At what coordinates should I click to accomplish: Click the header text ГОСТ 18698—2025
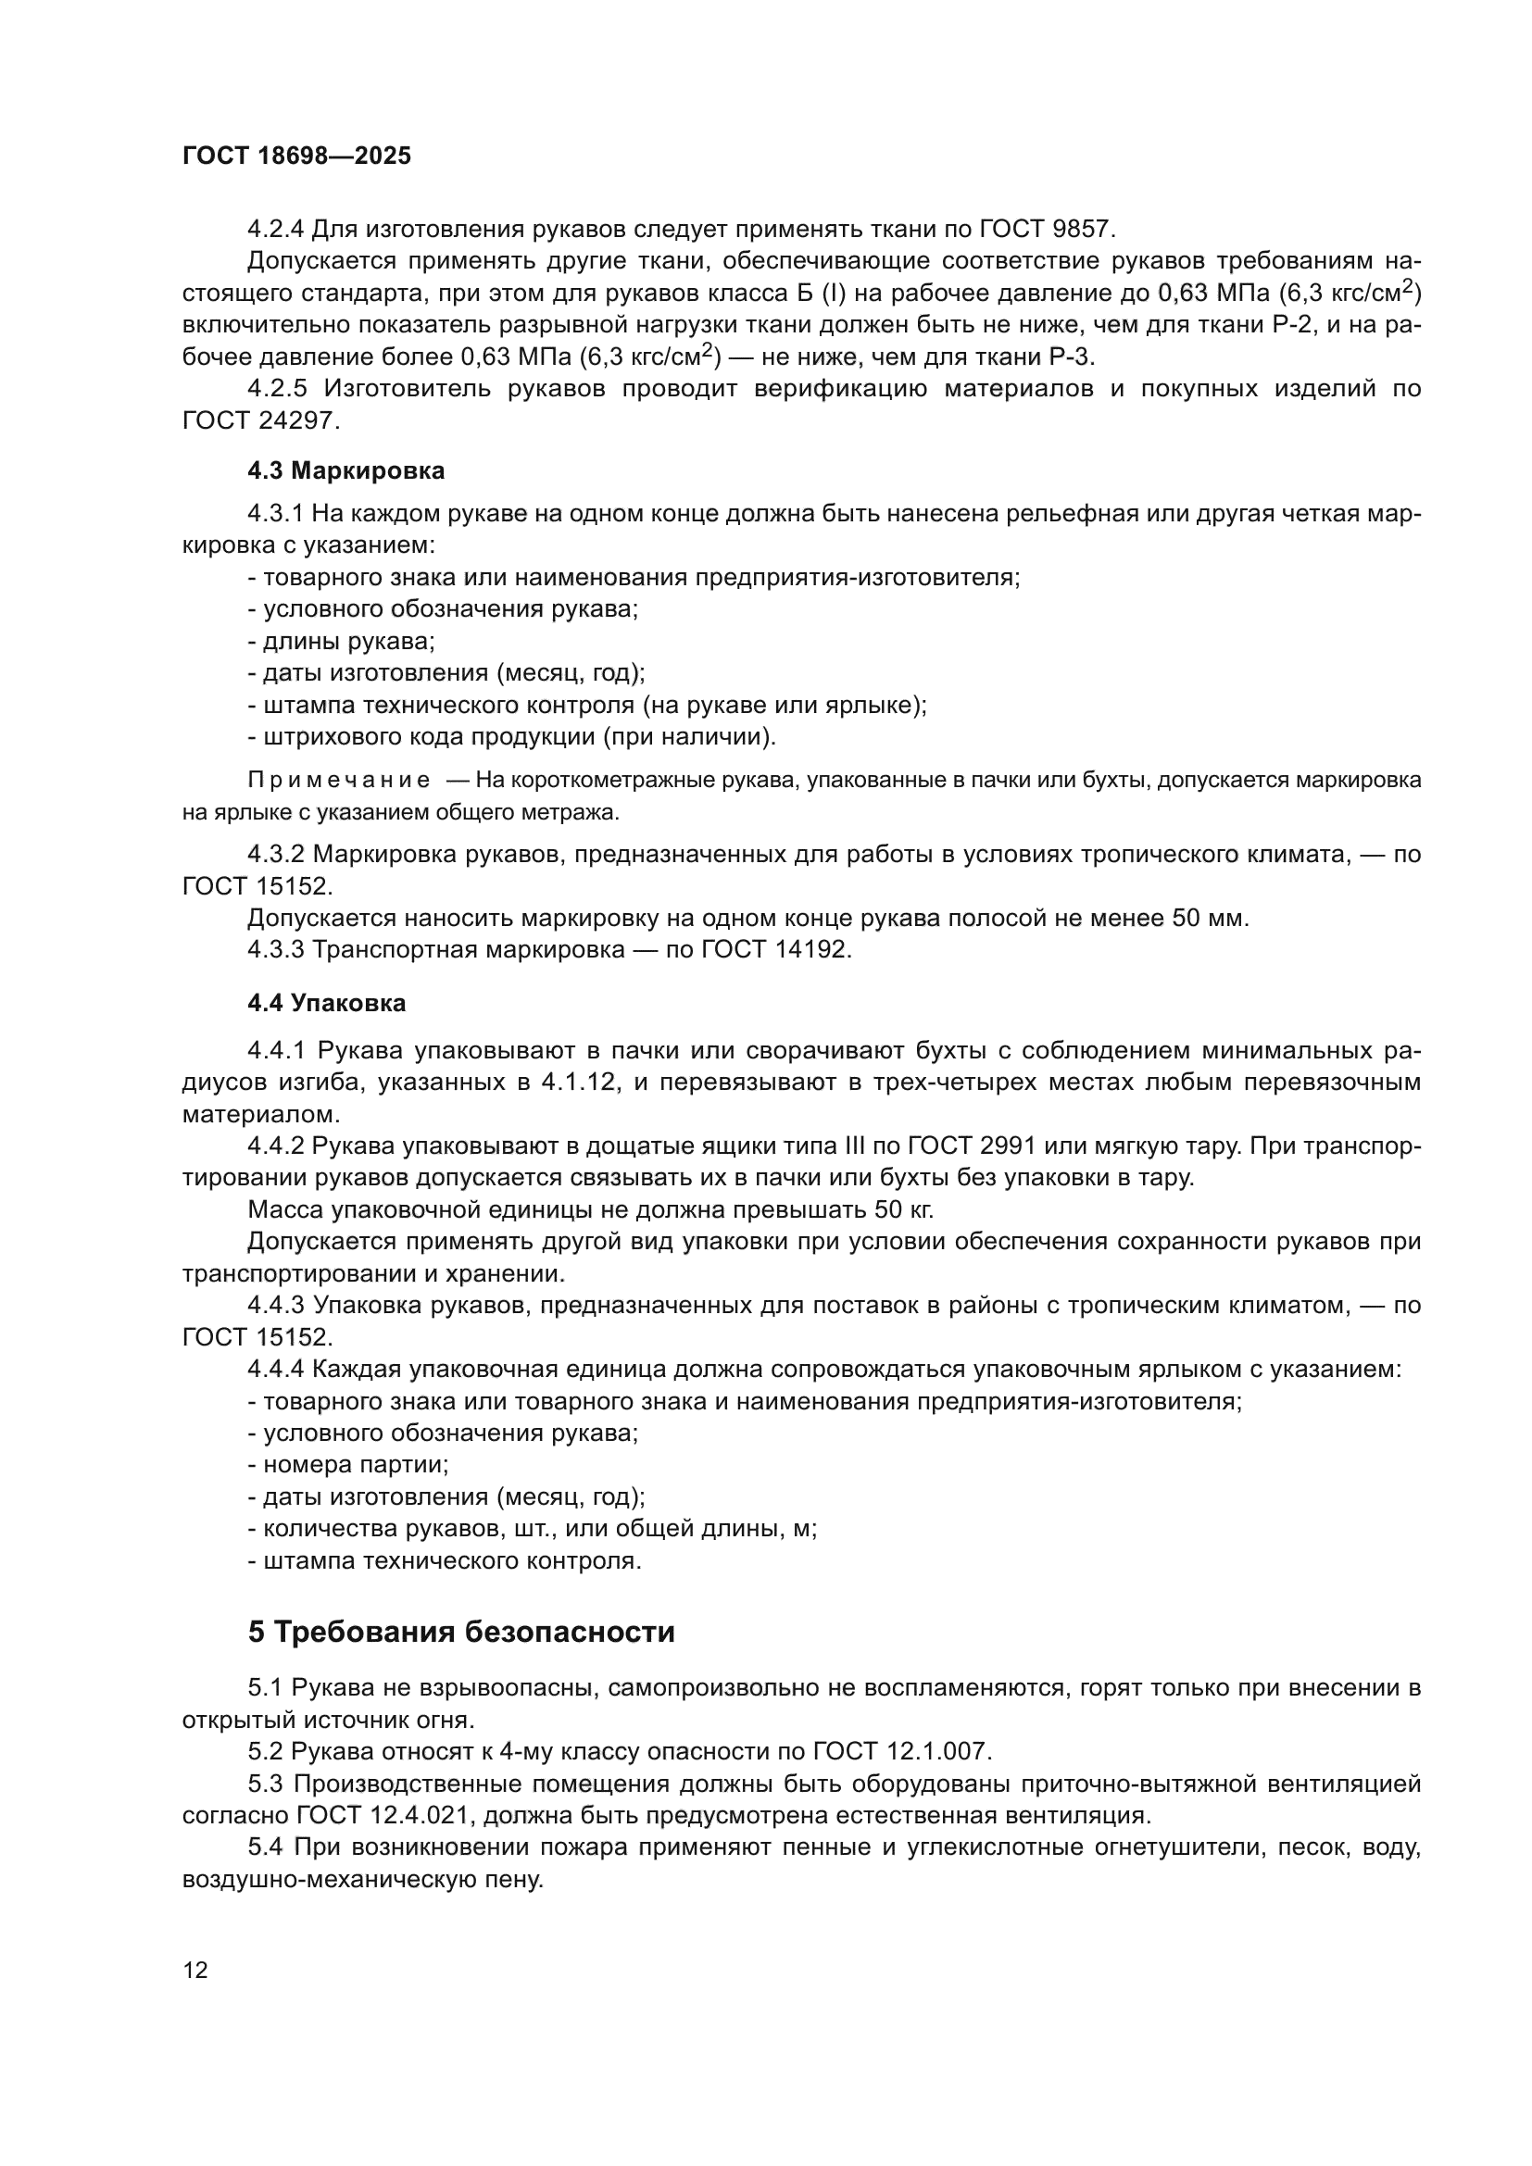point(296,157)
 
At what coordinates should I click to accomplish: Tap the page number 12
point(195,1970)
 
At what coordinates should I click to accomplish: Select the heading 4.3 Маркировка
point(345,470)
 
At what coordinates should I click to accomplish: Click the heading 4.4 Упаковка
point(326,1003)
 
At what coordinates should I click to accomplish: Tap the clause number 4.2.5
point(277,389)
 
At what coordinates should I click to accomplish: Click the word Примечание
point(339,780)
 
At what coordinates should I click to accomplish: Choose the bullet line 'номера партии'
point(348,1465)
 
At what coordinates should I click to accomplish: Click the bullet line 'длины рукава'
point(342,642)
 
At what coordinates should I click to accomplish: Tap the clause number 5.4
point(267,1848)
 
